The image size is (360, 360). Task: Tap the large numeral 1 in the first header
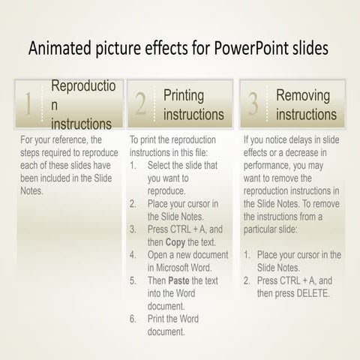pyautogui.click(x=28, y=106)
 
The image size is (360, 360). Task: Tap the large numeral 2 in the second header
pyautogui.click(x=140, y=106)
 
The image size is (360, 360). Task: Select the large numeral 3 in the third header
pyautogui.click(x=253, y=106)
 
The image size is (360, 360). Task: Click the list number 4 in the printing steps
pyautogui.click(x=133, y=255)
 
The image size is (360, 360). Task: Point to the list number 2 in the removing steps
pyautogui.click(x=247, y=280)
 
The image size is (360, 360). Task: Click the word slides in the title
pyautogui.click(x=308, y=49)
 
